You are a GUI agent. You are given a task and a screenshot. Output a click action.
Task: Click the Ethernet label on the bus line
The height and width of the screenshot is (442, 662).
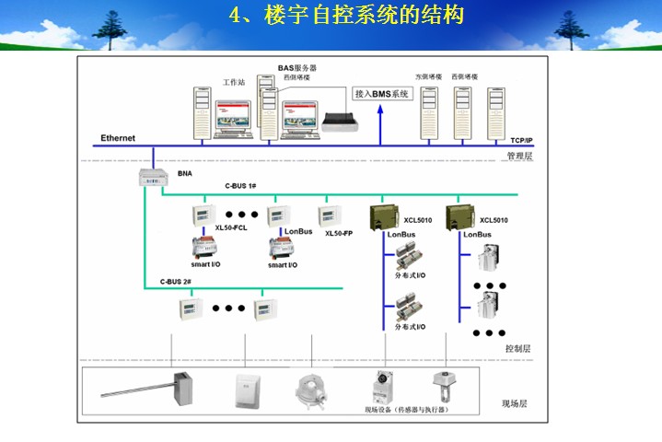[118, 138]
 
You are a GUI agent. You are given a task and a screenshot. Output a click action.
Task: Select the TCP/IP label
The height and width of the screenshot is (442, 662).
[521, 140]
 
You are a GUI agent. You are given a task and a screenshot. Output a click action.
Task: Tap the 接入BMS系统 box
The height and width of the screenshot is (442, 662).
[382, 94]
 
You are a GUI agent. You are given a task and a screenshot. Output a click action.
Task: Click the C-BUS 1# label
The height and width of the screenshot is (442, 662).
[241, 186]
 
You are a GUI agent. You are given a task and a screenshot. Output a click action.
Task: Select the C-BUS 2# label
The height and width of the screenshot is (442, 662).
[175, 281]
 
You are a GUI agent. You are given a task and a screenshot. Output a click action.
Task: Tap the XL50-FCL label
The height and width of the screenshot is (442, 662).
[231, 227]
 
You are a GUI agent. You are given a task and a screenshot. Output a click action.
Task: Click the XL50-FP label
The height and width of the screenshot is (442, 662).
[339, 233]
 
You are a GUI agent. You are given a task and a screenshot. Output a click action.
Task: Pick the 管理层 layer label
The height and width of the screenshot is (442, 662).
[519, 157]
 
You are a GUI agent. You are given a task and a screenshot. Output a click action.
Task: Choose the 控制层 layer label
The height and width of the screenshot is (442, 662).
[517, 349]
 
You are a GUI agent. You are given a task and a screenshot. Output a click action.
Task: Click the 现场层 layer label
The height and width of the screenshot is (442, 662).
[514, 403]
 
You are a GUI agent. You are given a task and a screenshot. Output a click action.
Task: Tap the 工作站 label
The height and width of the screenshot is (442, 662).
[234, 82]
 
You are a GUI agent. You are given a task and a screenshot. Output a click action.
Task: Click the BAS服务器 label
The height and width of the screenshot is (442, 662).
[297, 68]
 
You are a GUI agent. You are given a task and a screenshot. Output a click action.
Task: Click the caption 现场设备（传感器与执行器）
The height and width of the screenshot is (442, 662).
[405, 408]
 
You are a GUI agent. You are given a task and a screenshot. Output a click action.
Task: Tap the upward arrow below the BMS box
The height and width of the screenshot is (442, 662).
[377, 124]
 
